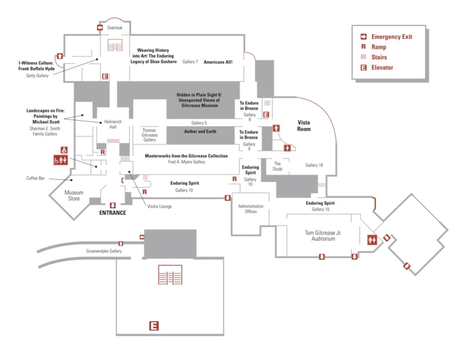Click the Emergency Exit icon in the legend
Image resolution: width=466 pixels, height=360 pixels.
click(x=363, y=37)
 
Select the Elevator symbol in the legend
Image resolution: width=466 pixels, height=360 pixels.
click(x=363, y=67)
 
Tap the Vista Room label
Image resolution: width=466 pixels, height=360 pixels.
click(x=304, y=126)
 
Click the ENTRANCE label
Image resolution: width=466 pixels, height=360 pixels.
click(x=113, y=212)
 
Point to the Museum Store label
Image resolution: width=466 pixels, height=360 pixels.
click(x=73, y=195)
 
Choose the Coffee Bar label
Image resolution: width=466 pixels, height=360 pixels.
click(x=36, y=178)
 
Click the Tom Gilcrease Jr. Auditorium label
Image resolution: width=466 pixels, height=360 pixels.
click(x=323, y=236)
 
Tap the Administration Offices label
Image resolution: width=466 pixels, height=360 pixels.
click(x=251, y=209)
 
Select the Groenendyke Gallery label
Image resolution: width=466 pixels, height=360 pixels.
click(x=104, y=251)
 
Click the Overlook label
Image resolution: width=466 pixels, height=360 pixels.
click(x=115, y=28)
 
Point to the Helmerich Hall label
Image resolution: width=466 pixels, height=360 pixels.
click(x=113, y=123)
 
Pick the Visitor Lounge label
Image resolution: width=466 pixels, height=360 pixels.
click(x=160, y=206)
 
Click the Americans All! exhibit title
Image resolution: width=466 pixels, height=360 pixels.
click(x=218, y=62)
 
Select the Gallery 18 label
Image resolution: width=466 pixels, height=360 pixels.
click(x=314, y=165)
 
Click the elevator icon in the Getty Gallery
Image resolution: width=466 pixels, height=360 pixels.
click(x=105, y=76)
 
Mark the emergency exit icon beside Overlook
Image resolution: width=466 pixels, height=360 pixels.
click(x=100, y=28)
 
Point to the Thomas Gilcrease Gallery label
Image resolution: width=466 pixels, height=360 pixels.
click(x=149, y=135)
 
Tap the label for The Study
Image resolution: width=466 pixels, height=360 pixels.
click(x=277, y=166)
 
